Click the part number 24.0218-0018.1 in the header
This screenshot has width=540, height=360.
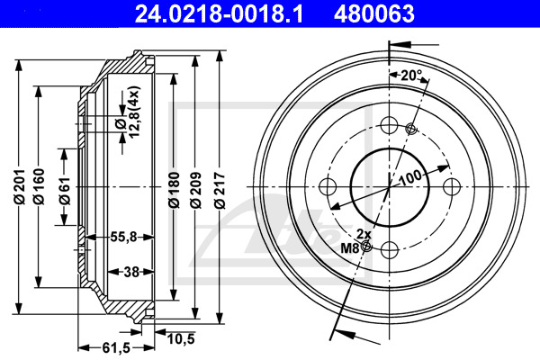[x=219, y=14]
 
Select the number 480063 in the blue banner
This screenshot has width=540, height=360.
[x=374, y=14]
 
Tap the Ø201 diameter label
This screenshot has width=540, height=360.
[x=21, y=186]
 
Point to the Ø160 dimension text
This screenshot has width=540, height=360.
[x=39, y=186]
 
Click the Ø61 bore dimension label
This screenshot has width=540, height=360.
[x=65, y=191]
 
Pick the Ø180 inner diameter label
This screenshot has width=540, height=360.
[x=175, y=190]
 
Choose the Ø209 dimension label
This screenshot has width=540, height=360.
[x=195, y=190]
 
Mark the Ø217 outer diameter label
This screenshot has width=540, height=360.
[x=220, y=191]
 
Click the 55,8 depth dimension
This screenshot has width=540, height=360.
[x=123, y=237]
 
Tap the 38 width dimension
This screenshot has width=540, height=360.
[x=131, y=272]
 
